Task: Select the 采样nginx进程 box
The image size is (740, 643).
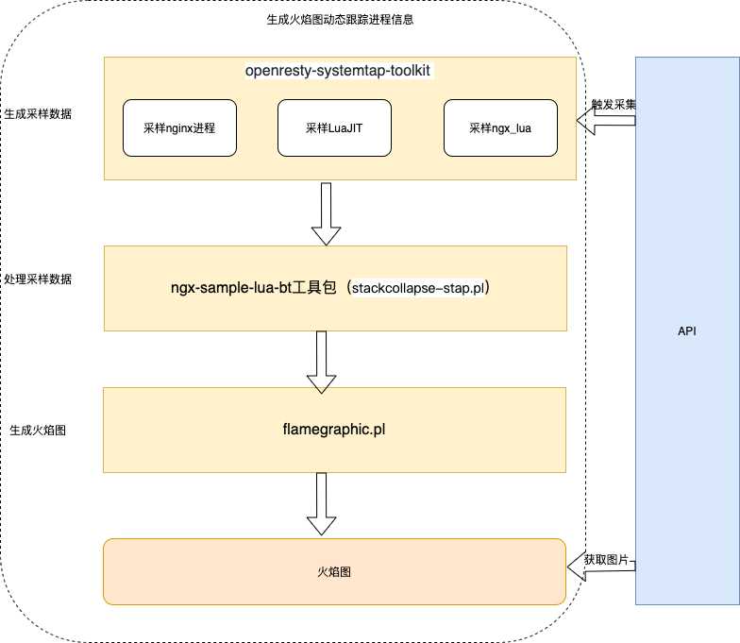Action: (x=179, y=127)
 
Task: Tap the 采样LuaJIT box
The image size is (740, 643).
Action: (x=334, y=127)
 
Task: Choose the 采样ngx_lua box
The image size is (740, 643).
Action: (x=499, y=127)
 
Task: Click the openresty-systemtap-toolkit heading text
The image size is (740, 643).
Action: (x=339, y=71)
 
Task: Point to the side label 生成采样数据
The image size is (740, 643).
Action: (x=38, y=113)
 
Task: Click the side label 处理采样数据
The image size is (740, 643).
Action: (x=38, y=279)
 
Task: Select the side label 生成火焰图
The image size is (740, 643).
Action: (x=38, y=430)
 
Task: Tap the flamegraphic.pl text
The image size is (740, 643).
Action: (x=334, y=429)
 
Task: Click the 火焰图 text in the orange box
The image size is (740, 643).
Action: (x=334, y=571)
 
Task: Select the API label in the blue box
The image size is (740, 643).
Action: (x=687, y=331)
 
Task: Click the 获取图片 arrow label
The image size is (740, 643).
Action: (x=606, y=560)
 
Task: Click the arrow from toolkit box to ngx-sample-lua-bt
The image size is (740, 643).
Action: (x=325, y=214)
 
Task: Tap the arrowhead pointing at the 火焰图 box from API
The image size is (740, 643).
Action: (x=572, y=567)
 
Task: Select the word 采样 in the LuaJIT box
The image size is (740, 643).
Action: (x=316, y=127)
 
